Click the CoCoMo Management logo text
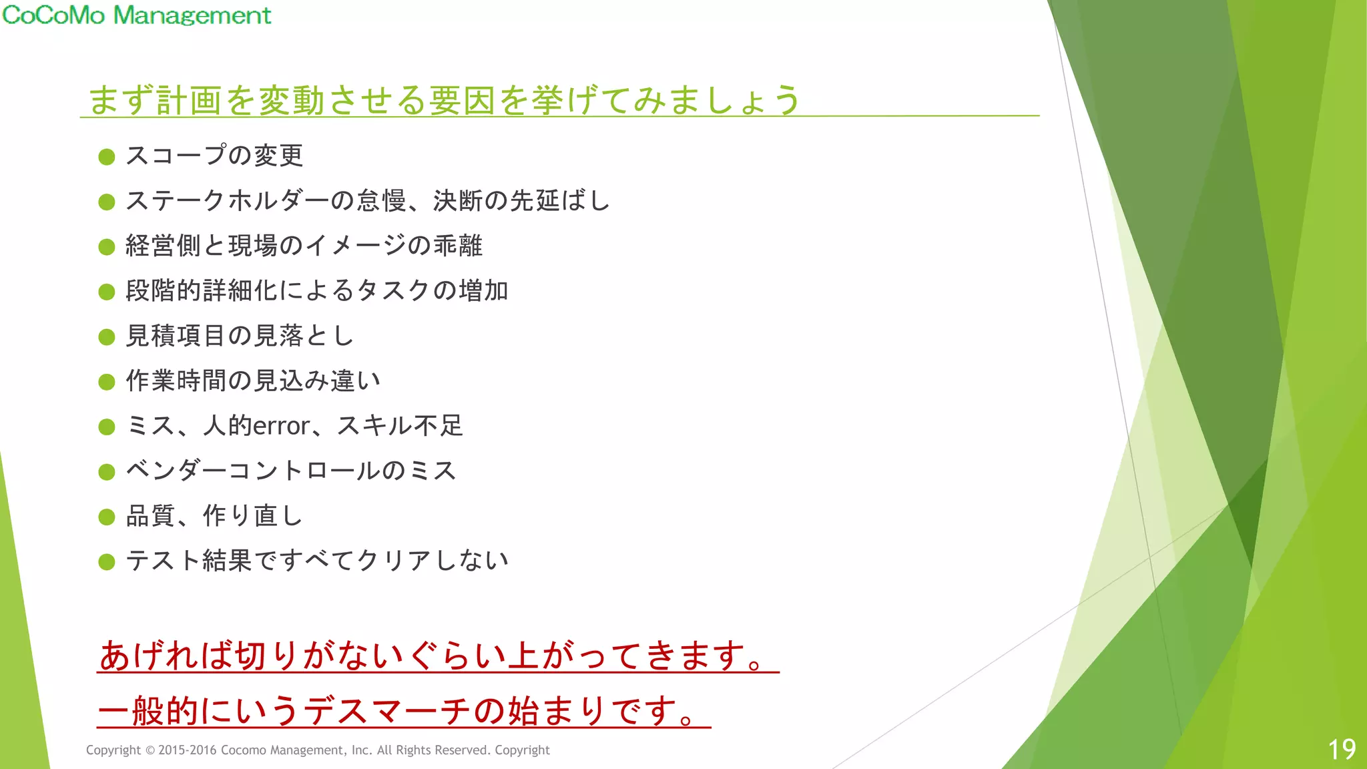coord(137,15)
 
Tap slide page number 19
coord(1341,750)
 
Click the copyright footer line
coord(318,750)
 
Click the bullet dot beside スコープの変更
coord(107,157)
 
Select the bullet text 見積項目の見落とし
coord(240,336)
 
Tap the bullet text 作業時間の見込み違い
coord(253,380)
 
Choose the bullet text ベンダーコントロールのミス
coord(291,471)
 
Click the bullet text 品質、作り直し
coord(214,516)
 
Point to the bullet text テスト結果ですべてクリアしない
coord(317,561)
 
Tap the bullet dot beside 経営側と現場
coord(107,247)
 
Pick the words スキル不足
coord(400,426)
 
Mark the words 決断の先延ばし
coord(521,201)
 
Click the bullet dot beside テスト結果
coord(107,562)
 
